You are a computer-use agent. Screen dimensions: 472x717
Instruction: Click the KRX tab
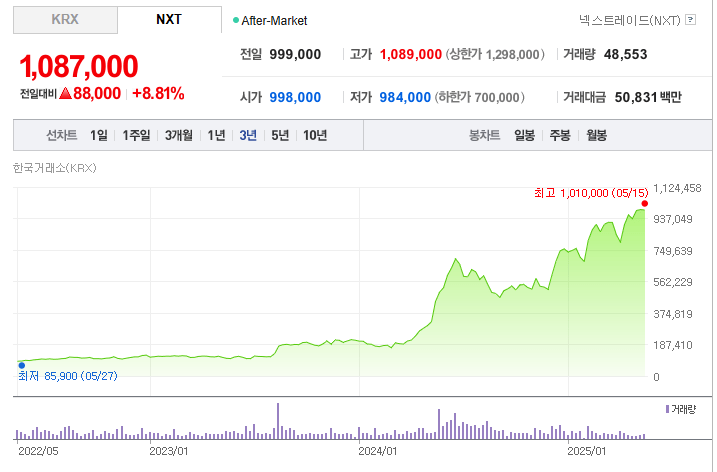(x=65, y=19)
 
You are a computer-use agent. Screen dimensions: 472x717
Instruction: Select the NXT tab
(x=169, y=19)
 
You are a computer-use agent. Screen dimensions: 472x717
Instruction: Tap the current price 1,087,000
(x=79, y=67)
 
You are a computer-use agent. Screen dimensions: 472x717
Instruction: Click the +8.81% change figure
(x=158, y=94)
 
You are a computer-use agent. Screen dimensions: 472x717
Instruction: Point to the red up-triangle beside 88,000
(x=65, y=94)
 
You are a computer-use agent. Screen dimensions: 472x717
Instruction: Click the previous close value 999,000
(x=295, y=54)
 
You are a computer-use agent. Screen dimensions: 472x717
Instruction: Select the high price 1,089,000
(x=411, y=54)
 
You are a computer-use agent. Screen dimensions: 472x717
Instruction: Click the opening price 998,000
(x=295, y=97)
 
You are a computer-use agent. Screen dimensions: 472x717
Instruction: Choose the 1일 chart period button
(x=98, y=135)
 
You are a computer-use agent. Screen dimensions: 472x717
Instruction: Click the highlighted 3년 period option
(x=248, y=135)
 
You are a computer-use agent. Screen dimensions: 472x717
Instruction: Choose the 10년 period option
(x=314, y=135)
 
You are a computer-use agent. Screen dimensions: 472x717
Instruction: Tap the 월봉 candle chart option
(x=597, y=135)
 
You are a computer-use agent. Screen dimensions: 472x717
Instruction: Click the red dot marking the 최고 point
(x=645, y=203)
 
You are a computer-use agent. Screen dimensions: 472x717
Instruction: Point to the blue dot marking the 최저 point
(x=21, y=365)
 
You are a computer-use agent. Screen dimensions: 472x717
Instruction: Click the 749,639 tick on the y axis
(x=673, y=251)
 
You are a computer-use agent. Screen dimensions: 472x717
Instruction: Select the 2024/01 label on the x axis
(x=379, y=451)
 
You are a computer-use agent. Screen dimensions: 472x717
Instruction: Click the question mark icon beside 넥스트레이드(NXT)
(x=690, y=19)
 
